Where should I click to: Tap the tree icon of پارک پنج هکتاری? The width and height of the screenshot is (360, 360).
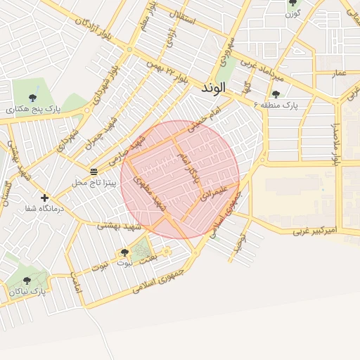click(x=33, y=97)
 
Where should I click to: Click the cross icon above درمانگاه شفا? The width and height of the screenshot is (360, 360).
click(x=45, y=198)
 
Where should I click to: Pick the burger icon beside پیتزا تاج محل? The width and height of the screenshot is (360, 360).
click(x=94, y=172)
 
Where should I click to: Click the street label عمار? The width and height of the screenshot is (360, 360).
click(x=340, y=73)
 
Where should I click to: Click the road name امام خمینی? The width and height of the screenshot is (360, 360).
click(x=205, y=117)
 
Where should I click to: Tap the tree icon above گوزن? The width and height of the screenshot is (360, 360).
click(x=292, y=3)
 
